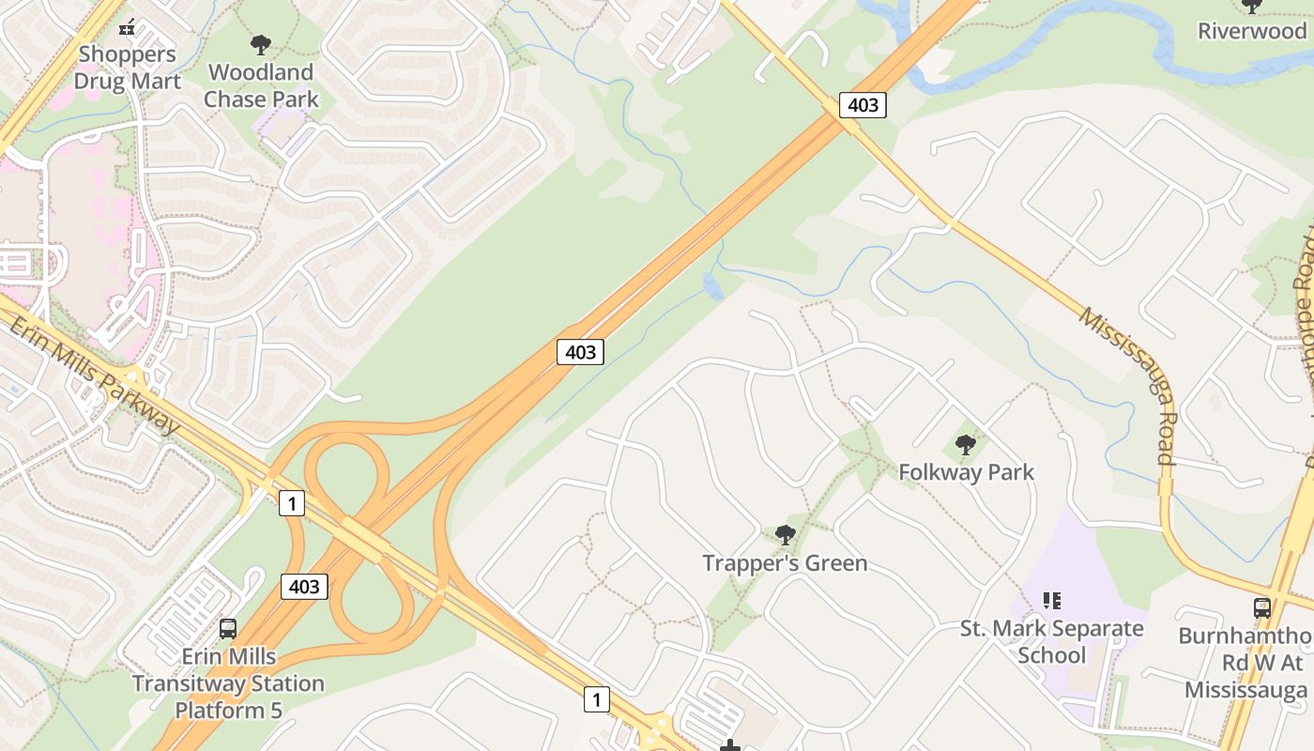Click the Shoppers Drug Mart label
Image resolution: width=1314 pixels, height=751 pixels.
127,68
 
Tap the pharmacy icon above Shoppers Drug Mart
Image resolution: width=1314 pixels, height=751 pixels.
128,27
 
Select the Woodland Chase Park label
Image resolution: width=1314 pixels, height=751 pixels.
261,85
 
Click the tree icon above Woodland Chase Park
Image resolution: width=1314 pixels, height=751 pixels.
261,44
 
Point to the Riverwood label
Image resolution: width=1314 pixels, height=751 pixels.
1252,31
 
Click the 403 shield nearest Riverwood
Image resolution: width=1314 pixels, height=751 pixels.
863,104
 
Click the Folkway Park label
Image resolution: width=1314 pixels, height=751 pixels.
966,471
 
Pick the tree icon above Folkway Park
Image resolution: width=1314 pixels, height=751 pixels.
965,444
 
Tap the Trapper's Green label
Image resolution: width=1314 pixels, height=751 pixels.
785,563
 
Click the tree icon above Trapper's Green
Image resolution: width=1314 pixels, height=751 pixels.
785,535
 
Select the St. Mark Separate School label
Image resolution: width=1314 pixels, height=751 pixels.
1051,641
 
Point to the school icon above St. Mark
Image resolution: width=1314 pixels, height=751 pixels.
1051,600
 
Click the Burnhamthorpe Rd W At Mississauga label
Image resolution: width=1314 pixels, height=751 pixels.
1245,663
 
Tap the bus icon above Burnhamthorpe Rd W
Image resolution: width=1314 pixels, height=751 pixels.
1261,608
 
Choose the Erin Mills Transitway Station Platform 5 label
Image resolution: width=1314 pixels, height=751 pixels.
228,682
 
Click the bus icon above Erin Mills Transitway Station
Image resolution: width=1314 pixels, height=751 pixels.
227,629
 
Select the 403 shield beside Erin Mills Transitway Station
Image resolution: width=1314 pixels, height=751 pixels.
304,587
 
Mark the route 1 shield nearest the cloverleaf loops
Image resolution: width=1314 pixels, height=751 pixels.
292,503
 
